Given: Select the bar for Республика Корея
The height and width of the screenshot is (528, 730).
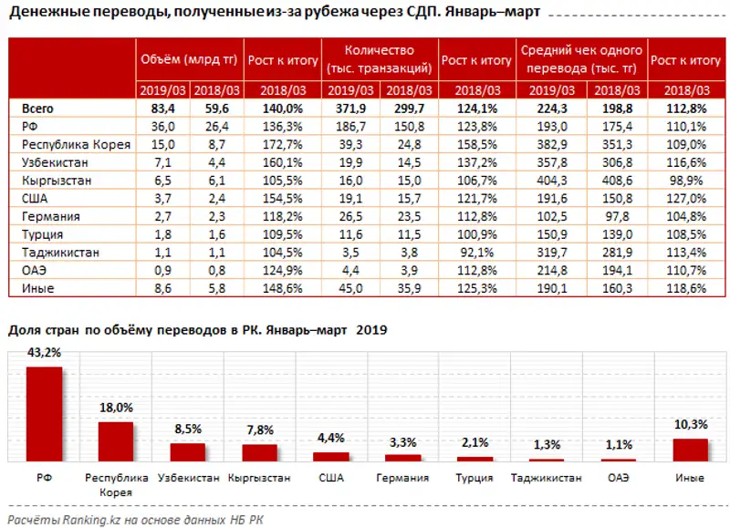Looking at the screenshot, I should point(116,441).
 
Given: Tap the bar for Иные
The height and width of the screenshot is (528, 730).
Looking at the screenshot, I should point(690,450).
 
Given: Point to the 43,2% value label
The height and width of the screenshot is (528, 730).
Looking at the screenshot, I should point(44,354).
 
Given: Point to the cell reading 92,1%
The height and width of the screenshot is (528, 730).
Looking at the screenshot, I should point(476,254).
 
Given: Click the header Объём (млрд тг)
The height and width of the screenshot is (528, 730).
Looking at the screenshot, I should point(188,60).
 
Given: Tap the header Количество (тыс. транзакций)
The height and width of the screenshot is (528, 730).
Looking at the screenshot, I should point(379,59).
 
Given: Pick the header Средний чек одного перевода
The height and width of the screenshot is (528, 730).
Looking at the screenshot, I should point(581,59).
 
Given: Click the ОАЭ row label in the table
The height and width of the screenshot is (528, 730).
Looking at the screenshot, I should point(33,272).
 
